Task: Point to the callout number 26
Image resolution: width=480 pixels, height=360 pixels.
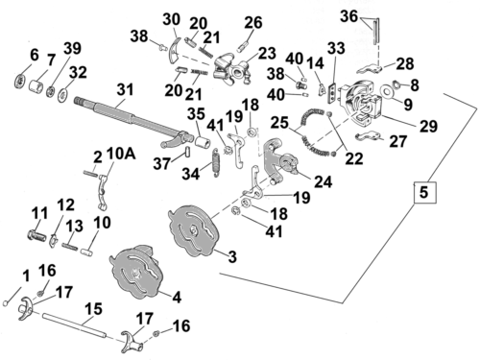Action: click(x=252, y=22)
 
